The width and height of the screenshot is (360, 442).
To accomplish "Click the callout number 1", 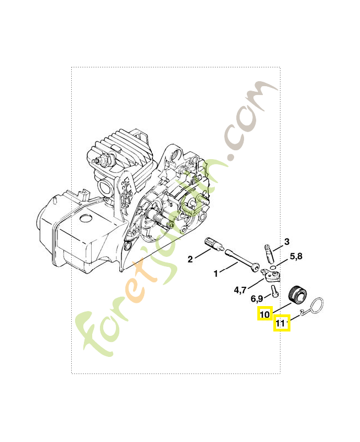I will [216, 272].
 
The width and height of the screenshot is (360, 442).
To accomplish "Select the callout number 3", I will [287, 241].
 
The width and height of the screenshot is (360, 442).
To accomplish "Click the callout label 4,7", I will [241, 289].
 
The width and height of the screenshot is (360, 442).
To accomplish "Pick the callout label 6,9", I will [258, 299].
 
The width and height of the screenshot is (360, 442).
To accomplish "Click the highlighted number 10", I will [264, 314].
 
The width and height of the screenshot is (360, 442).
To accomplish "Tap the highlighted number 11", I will [282, 323].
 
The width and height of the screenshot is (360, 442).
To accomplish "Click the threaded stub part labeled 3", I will [268, 252].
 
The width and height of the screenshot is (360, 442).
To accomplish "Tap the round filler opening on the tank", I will [86, 219].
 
